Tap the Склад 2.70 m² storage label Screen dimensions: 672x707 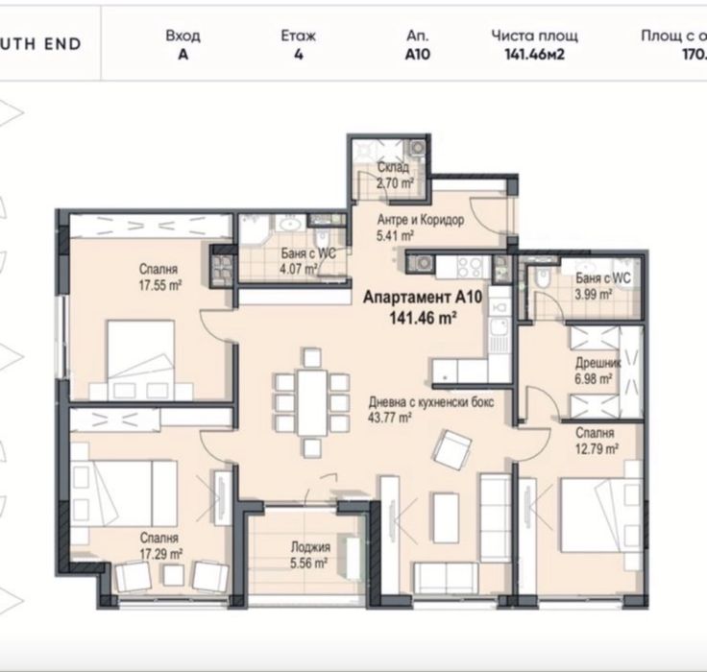[395, 174]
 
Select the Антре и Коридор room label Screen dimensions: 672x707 [420, 227]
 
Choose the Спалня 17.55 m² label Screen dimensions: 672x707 [158, 277]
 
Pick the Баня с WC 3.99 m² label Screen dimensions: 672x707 [601, 285]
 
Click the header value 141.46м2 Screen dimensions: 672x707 [534, 55]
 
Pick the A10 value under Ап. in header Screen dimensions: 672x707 [417, 55]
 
